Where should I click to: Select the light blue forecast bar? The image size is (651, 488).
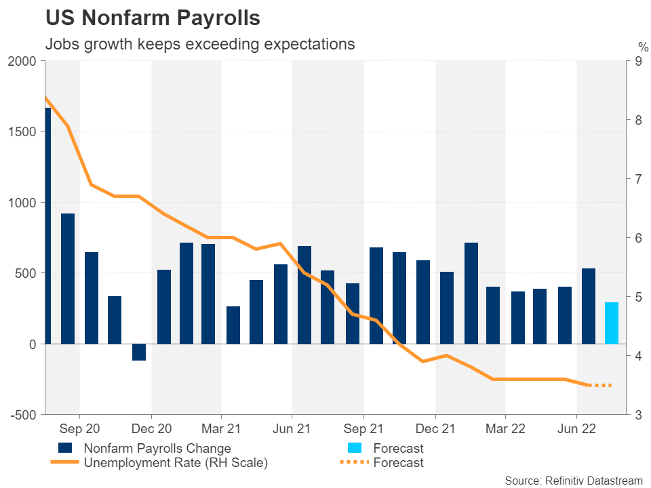[611, 323]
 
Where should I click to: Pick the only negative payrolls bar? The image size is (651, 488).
[139, 352]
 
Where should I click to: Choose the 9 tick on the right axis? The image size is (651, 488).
[638, 61]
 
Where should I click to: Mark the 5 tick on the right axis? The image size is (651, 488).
[638, 297]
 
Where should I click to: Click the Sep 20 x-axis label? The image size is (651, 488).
[79, 430]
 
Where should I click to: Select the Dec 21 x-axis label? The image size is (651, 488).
[435, 430]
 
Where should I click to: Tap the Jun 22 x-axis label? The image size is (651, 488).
[576, 430]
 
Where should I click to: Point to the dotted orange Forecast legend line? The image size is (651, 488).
[352, 463]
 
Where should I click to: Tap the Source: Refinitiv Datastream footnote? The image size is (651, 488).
[573, 480]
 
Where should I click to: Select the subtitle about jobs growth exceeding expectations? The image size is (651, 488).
[200, 45]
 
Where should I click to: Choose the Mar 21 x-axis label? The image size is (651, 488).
[222, 430]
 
